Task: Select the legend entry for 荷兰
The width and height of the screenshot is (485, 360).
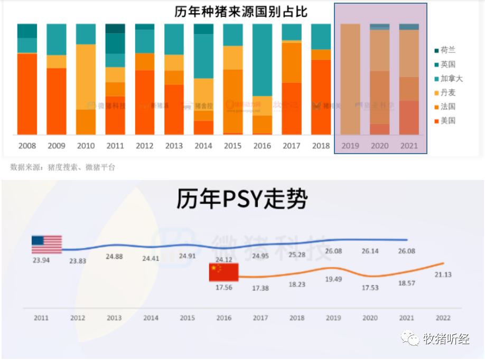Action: [x=447, y=50]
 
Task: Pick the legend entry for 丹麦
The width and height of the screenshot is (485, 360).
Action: [x=447, y=92]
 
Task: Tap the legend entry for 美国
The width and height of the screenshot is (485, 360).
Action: [x=447, y=120]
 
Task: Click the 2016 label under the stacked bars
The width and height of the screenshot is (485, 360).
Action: [x=263, y=146]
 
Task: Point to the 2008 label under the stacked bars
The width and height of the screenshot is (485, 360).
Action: [x=27, y=146]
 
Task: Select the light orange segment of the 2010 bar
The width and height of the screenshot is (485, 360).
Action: [x=86, y=77]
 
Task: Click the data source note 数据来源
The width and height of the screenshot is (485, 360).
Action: [x=62, y=167]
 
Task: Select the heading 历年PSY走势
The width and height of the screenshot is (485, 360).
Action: [x=241, y=200]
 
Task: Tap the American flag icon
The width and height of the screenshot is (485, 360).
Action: [x=46, y=244]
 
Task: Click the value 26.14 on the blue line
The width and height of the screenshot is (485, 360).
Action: [x=370, y=251]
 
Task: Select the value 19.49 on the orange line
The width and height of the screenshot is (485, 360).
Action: [x=333, y=279]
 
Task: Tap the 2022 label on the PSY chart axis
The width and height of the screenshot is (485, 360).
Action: [x=442, y=318]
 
